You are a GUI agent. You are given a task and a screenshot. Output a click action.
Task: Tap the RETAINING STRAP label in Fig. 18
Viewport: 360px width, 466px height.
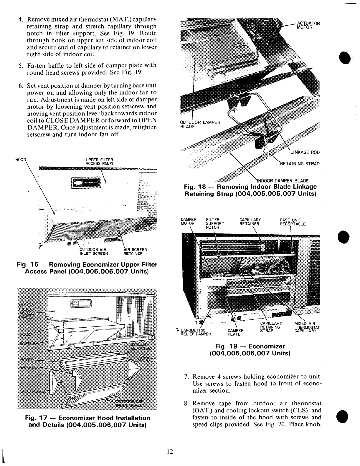299,164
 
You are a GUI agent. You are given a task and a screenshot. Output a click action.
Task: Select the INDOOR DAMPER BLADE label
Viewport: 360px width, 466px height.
283,180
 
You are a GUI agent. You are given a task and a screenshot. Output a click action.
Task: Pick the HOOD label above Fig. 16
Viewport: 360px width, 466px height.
20,160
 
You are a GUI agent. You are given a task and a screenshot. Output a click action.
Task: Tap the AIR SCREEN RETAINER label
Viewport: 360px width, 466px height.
135,251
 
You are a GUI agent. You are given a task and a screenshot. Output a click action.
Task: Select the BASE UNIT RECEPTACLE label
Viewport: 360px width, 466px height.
293,222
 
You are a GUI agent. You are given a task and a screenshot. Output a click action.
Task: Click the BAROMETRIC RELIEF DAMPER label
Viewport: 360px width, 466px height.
196,332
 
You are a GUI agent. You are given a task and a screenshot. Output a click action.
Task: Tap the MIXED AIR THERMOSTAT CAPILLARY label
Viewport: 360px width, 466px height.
307,327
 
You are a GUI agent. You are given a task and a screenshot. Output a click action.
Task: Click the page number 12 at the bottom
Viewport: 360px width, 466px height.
169,452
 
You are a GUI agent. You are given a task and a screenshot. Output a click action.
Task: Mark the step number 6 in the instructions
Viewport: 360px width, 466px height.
21,86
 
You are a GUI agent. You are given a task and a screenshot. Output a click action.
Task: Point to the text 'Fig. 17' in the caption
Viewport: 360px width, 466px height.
36,418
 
